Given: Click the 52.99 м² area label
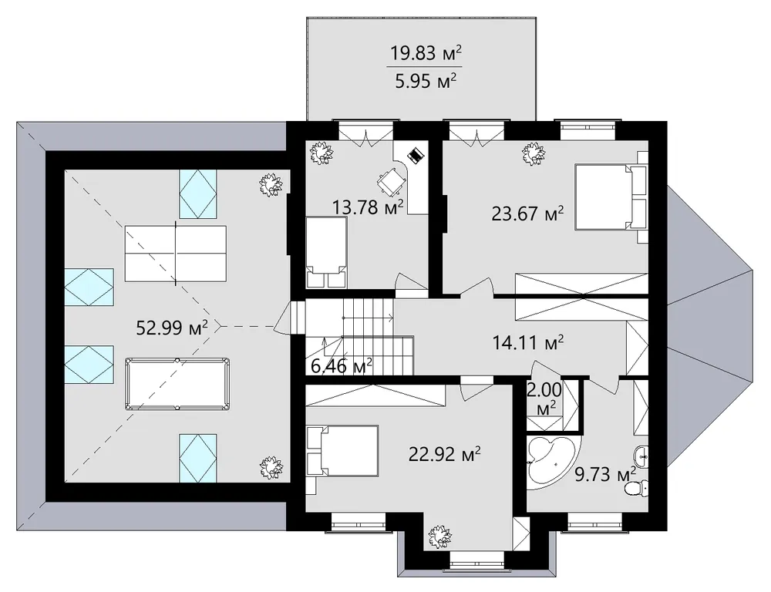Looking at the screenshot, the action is click(x=172, y=328).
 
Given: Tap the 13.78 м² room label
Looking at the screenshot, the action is click(x=368, y=207).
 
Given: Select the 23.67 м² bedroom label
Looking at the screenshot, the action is click(x=527, y=214).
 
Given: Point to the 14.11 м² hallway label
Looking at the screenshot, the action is click(x=528, y=342).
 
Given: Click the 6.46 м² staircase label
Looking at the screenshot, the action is click(x=342, y=366).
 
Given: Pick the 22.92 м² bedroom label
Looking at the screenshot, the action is click(x=445, y=454).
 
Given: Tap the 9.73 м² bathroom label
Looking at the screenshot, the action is click(x=605, y=475).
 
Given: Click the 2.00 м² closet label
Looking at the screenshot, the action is click(x=544, y=399).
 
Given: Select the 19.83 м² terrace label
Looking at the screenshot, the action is click(x=426, y=52).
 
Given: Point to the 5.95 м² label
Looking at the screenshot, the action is click(x=426, y=80).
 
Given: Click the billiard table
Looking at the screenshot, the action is click(x=177, y=385).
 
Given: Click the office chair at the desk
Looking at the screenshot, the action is click(x=392, y=181).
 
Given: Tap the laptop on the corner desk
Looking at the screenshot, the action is click(x=415, y=156).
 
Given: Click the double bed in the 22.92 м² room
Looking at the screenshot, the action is click(x=342, y=451).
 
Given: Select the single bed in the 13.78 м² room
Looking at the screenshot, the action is click(x=326, y=253).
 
